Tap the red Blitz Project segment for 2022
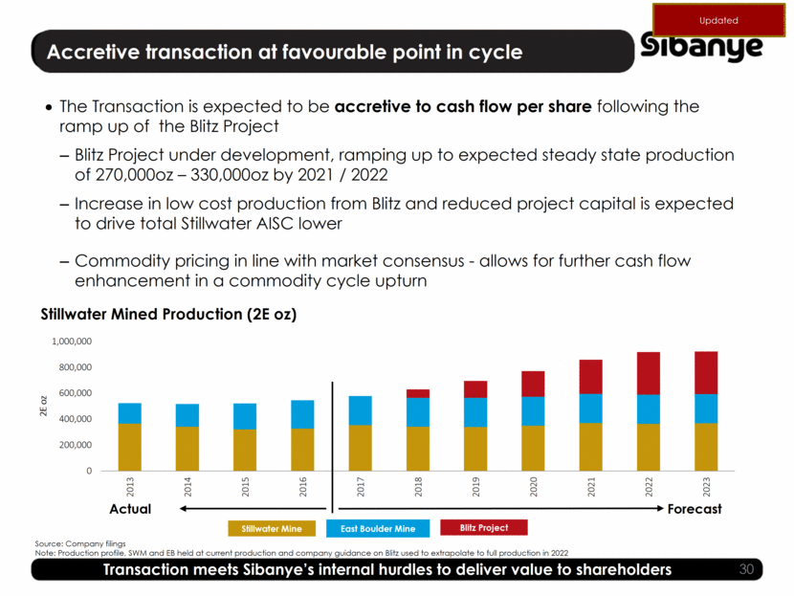pos(649,373)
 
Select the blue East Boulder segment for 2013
pos(129,413)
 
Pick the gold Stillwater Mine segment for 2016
pos(302,449)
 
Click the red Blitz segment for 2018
pos(418,393)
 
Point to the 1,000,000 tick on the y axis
pos(71,341)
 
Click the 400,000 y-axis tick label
pos(75,419)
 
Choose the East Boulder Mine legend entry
pos(378,528)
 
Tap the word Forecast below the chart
pos(694,509)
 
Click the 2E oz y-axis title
pos(43,406)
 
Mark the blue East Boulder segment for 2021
pos(590,408)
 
